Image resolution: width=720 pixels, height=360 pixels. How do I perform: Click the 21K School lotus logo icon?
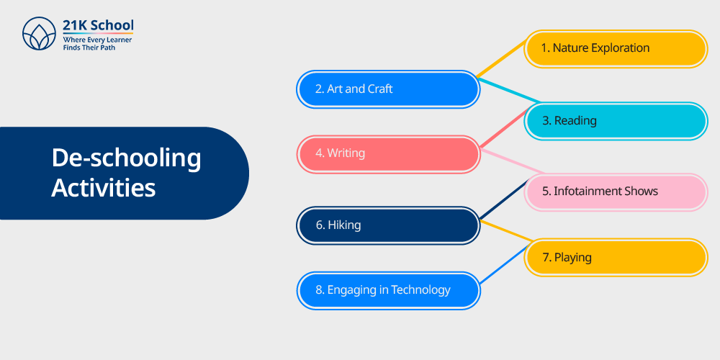click(39, 34)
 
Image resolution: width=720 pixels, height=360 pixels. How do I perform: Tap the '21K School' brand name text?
click(98, 25)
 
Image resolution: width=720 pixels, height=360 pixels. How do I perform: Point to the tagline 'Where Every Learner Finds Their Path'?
click(97, 44)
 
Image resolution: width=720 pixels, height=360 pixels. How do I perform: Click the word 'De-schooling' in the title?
click(126, 158)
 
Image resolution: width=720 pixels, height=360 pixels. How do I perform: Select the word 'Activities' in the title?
click(103, 187)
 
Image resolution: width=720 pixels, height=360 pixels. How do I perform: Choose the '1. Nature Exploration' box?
click(616, 49)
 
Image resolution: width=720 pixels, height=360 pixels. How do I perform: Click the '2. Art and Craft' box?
click(389, 89)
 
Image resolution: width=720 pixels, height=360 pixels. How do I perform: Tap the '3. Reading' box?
click(616, 121)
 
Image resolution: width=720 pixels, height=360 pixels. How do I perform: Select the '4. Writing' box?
click(389, 154)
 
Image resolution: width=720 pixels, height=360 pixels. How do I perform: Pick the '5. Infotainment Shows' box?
click(616, 192)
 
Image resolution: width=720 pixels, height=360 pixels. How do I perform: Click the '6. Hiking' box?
click(389, 225)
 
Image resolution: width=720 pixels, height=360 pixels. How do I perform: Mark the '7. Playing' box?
click(616, 258)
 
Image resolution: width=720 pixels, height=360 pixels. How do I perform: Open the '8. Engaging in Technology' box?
click(389, 291)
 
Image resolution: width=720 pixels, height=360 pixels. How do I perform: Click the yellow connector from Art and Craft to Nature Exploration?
click(502, 58)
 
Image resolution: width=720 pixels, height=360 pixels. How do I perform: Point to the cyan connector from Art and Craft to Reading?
click(509, 91)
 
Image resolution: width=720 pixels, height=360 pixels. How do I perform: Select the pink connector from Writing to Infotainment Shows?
click(512, 161)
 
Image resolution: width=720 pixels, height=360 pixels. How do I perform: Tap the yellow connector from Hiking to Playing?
click(505, 230)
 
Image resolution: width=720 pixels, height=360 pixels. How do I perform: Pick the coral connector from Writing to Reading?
click(503, 129)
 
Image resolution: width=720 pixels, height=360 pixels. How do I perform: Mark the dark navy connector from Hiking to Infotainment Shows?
click(503, 199)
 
